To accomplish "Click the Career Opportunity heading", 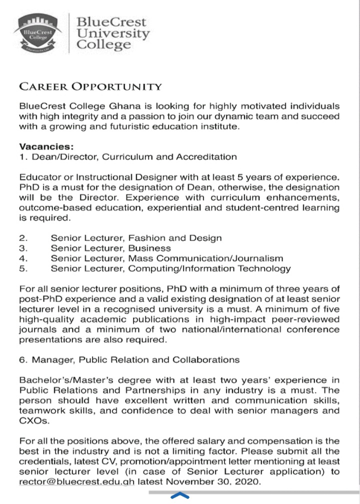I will tap(90, 86).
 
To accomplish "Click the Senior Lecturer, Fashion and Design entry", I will tap(136, 238).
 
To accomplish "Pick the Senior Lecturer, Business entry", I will tap(110, 248).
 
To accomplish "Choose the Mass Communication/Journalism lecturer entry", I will tap(167, 258).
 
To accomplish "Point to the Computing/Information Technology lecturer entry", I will tap(170, 268).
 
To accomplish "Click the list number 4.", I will tap(23, 258).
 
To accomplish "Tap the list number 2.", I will tap(23, 238).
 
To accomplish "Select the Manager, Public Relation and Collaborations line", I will tap(129, 359).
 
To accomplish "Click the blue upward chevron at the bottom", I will tap(180, 496).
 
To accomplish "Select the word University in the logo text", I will tap(112, 34).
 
